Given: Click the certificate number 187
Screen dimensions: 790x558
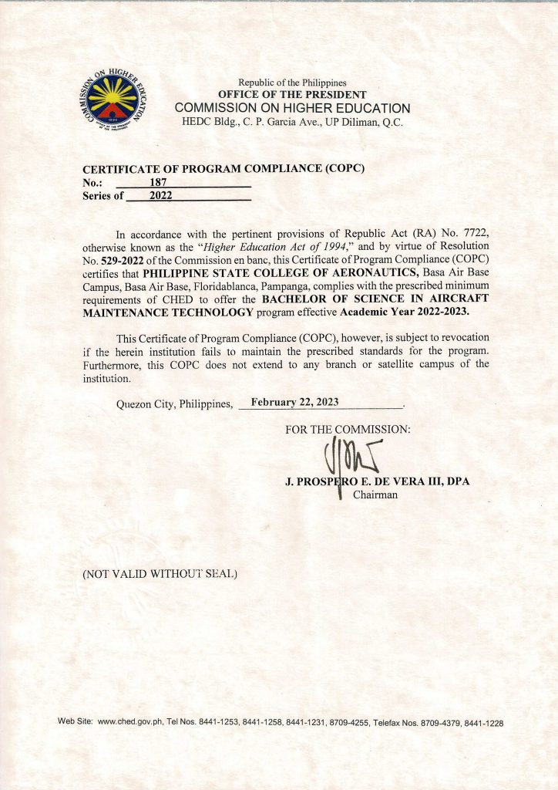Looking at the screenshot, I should [159, 182].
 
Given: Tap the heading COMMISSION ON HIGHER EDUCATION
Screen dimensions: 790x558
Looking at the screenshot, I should [292, 108].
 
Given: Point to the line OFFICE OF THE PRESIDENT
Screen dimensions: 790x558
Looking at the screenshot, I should [292, 94].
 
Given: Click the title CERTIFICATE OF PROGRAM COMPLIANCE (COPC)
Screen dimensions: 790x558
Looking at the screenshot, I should [223, 169].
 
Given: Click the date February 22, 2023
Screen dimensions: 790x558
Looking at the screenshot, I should [294, 402].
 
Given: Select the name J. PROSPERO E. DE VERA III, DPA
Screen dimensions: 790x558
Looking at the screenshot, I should [377, 481].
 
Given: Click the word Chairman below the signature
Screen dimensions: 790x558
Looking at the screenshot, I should [375, 495].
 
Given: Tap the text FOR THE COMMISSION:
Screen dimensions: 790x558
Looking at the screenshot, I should [348, 429].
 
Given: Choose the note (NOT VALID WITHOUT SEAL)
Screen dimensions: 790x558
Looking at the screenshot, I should [160, 574].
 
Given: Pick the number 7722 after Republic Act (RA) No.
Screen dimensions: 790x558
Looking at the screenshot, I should [473, 233].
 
